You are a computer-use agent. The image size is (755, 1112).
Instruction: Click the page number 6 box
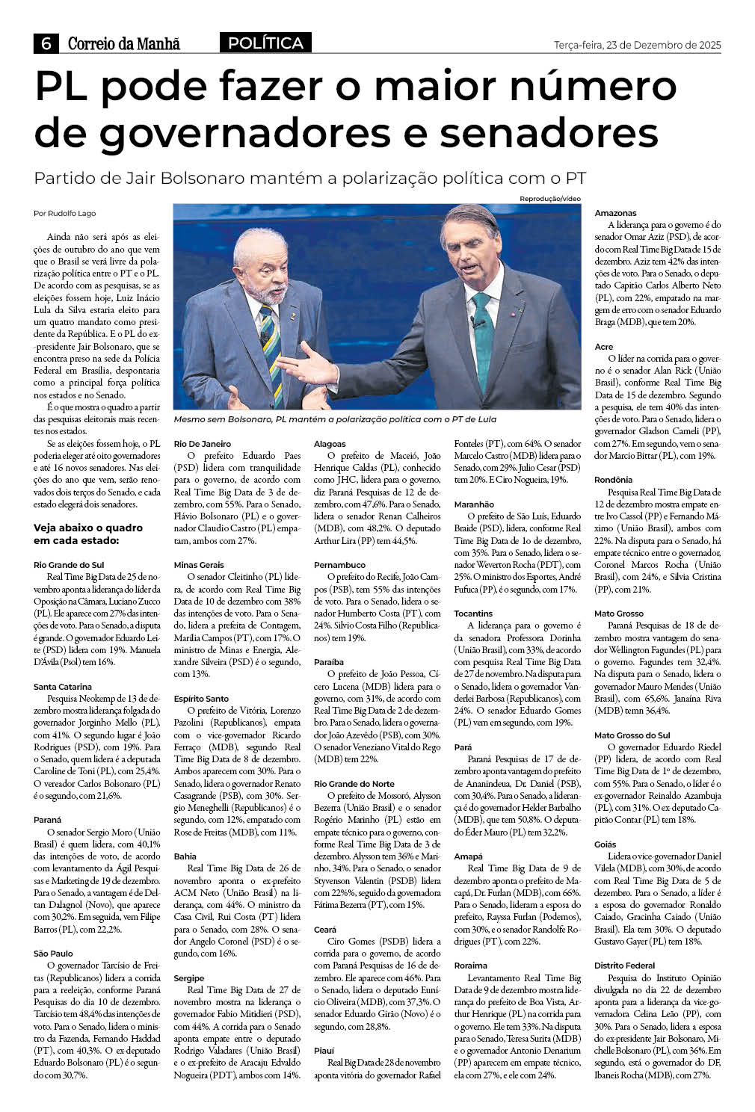click(x=46, y=44)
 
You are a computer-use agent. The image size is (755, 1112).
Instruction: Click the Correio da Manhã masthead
click(x=124, y=44)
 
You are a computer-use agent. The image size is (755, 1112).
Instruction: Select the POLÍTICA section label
click(x=265, y=43)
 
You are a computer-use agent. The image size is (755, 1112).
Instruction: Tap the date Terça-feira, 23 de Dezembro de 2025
click(x=637, y=45)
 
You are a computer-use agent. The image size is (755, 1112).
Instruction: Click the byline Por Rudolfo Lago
click(x=65, y=214)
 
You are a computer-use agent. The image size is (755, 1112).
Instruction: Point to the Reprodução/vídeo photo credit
click(x=550, y=199)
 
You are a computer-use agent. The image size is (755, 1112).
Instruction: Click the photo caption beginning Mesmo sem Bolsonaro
click(x=334, y=419)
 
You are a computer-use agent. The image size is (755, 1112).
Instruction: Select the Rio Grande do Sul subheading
click(x=69, y=565)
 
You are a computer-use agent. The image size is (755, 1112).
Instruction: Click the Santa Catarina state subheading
click(x=63, y=686)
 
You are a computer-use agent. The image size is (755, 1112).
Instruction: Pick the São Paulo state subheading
click(x=53, y=954)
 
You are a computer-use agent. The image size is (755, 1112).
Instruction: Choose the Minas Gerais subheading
click(x=198, y=565)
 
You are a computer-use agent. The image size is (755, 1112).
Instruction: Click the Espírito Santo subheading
click(x=201, y=698)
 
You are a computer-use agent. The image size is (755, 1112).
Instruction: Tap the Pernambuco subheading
click(x=339, y=565)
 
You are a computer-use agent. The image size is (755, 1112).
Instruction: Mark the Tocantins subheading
click(x=473, y=614)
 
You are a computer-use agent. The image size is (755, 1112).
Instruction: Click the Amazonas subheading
click(x=615, y=213)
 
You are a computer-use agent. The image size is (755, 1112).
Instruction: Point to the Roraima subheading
click(x=470, y=966)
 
